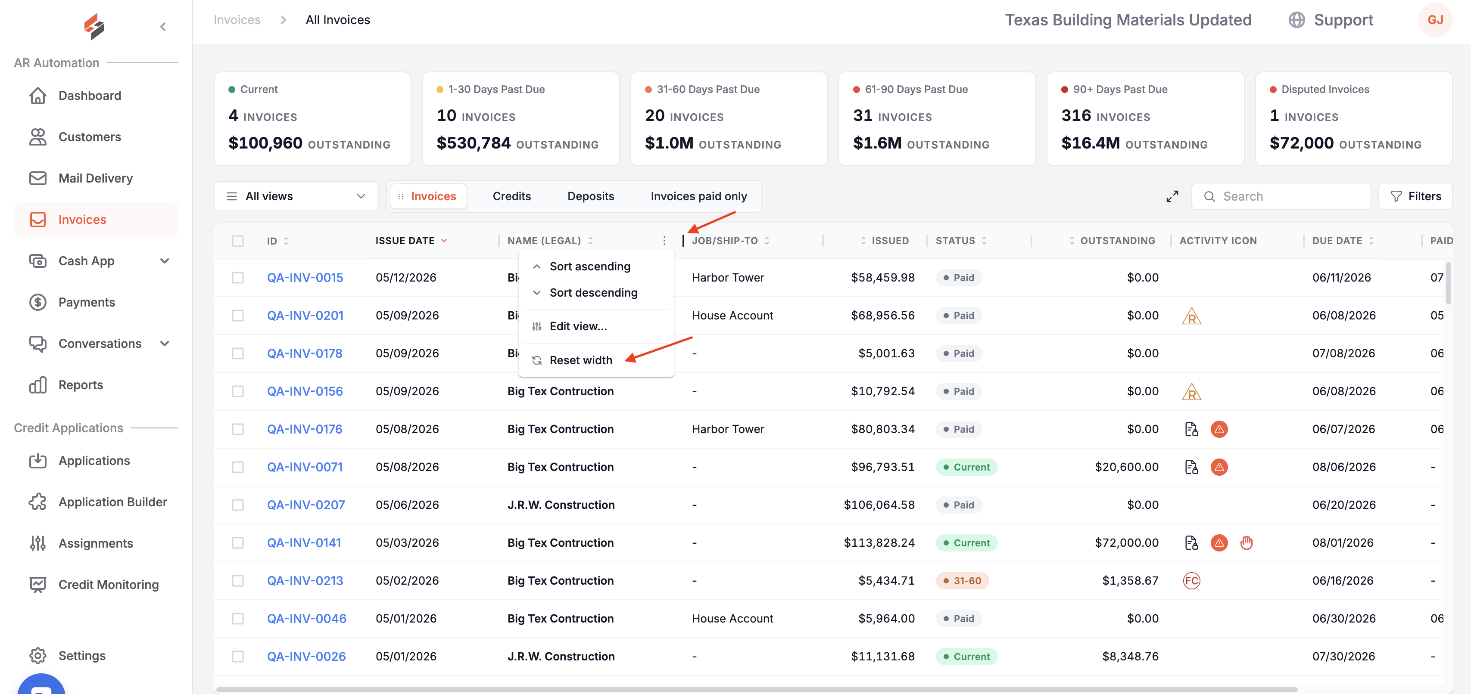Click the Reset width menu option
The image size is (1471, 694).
580,360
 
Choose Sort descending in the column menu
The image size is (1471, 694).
593,293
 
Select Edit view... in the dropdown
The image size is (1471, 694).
578,326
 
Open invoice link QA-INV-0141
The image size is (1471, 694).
304,543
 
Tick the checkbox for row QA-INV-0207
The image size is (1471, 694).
237,505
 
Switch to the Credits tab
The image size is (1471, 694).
511,196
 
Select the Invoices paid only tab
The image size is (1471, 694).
698,196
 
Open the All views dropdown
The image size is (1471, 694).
296,196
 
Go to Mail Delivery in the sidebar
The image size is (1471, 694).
95,178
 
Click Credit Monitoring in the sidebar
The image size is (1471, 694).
109,584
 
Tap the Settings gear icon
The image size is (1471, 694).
37,655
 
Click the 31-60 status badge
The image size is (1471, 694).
962,580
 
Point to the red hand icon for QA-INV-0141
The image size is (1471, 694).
1247,543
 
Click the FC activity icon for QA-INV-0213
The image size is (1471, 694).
1192,580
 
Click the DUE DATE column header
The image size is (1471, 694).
1337,241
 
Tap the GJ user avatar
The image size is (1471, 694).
1435,20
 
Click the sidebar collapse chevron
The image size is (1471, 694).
163,27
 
